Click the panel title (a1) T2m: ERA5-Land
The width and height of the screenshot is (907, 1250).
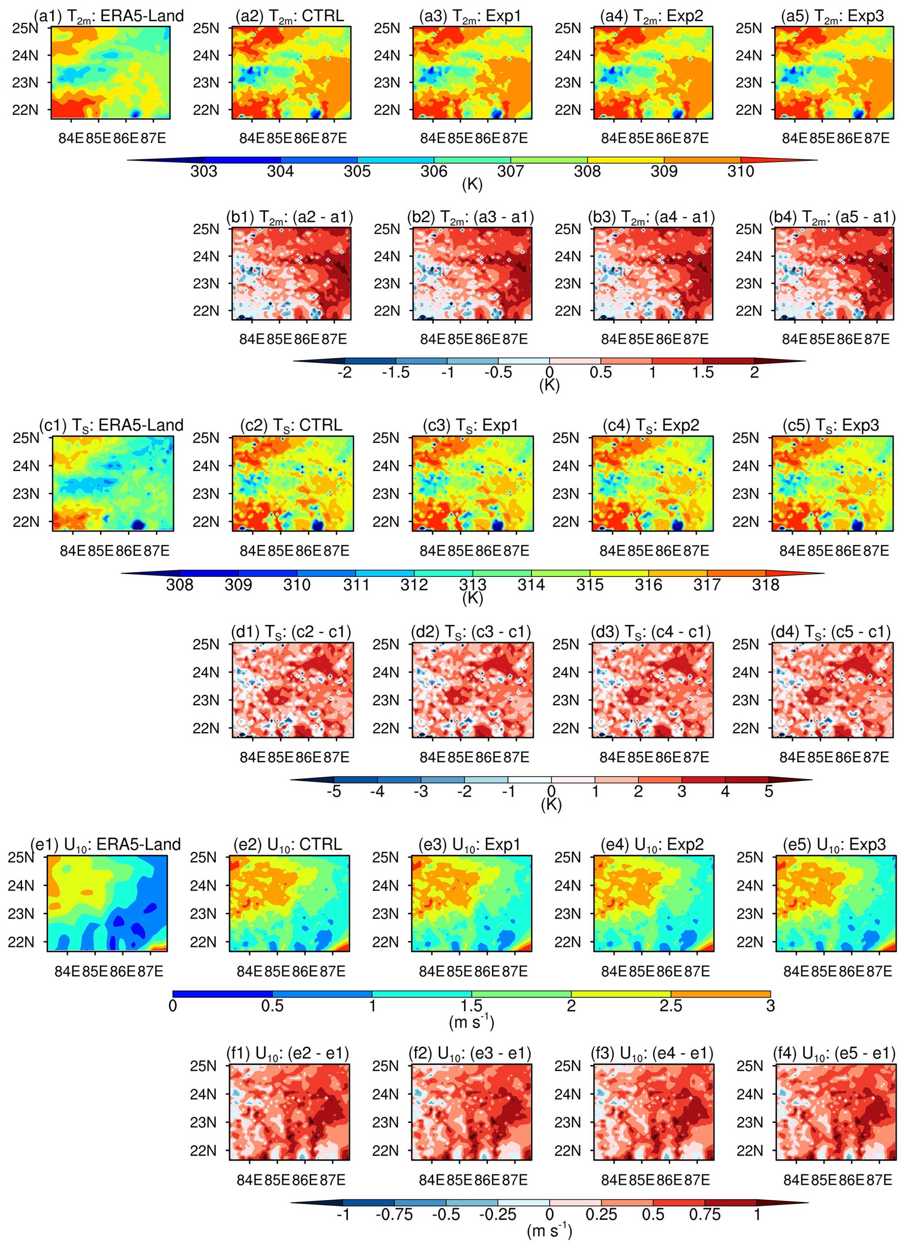(x=108, y=16)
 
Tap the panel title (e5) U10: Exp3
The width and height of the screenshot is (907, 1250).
(x=834, y=844)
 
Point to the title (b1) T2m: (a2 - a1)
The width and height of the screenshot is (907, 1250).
(x=290, y=217)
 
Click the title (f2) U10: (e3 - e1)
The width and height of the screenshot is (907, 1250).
(x=470, y=1053)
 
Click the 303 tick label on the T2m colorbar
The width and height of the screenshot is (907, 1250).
(x=204, y=171)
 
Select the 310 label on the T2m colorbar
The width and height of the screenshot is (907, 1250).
(x=741, y=171)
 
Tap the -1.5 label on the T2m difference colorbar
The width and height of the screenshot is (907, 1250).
(x=395, y=373)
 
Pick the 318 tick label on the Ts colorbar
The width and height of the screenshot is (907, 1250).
(x=765, y=585)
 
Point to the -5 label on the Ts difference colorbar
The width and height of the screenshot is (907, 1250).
(x=334, y=792)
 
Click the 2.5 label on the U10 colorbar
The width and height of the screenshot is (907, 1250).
(x=671, y=1006)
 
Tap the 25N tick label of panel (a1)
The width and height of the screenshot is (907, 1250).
(x=25, y=28)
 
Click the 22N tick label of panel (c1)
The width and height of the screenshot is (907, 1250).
(x=26, y=522)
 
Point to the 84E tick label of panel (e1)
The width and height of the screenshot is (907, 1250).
(x=68, y=971)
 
